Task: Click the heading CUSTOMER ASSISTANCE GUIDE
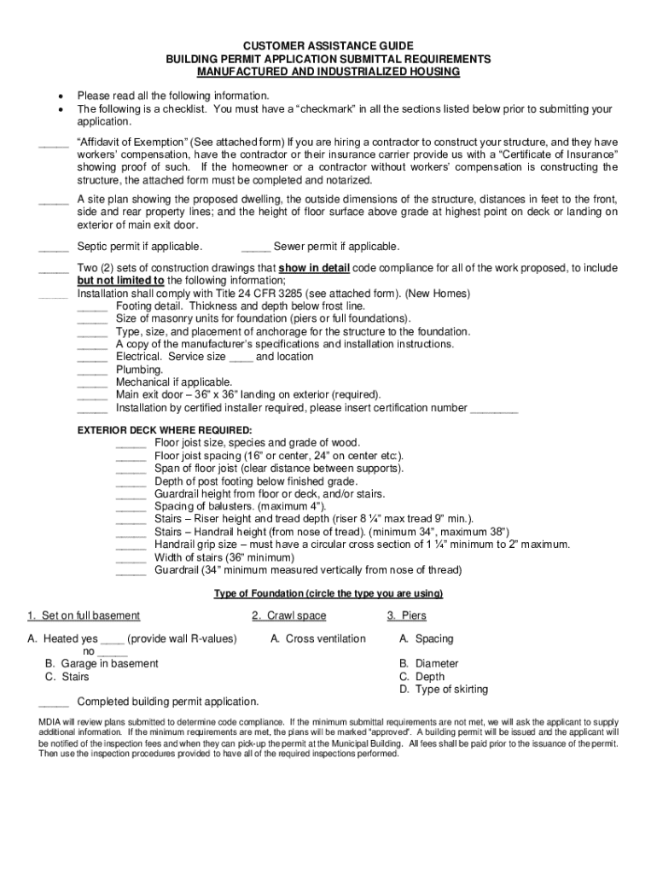(328, 45)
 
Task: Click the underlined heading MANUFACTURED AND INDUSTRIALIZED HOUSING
(328, 73)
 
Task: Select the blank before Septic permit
(54, 248)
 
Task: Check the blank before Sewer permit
(256, 248)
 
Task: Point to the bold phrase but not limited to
(120, 280)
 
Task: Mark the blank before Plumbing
(92, 370)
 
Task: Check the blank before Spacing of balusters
(131, 508)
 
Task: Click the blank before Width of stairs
(131, 559)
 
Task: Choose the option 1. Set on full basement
(84, 615)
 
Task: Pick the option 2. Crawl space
(288, 615)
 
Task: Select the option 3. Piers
(406, 615)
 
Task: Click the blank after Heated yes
(113, 640)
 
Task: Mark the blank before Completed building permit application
(54, 703)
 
